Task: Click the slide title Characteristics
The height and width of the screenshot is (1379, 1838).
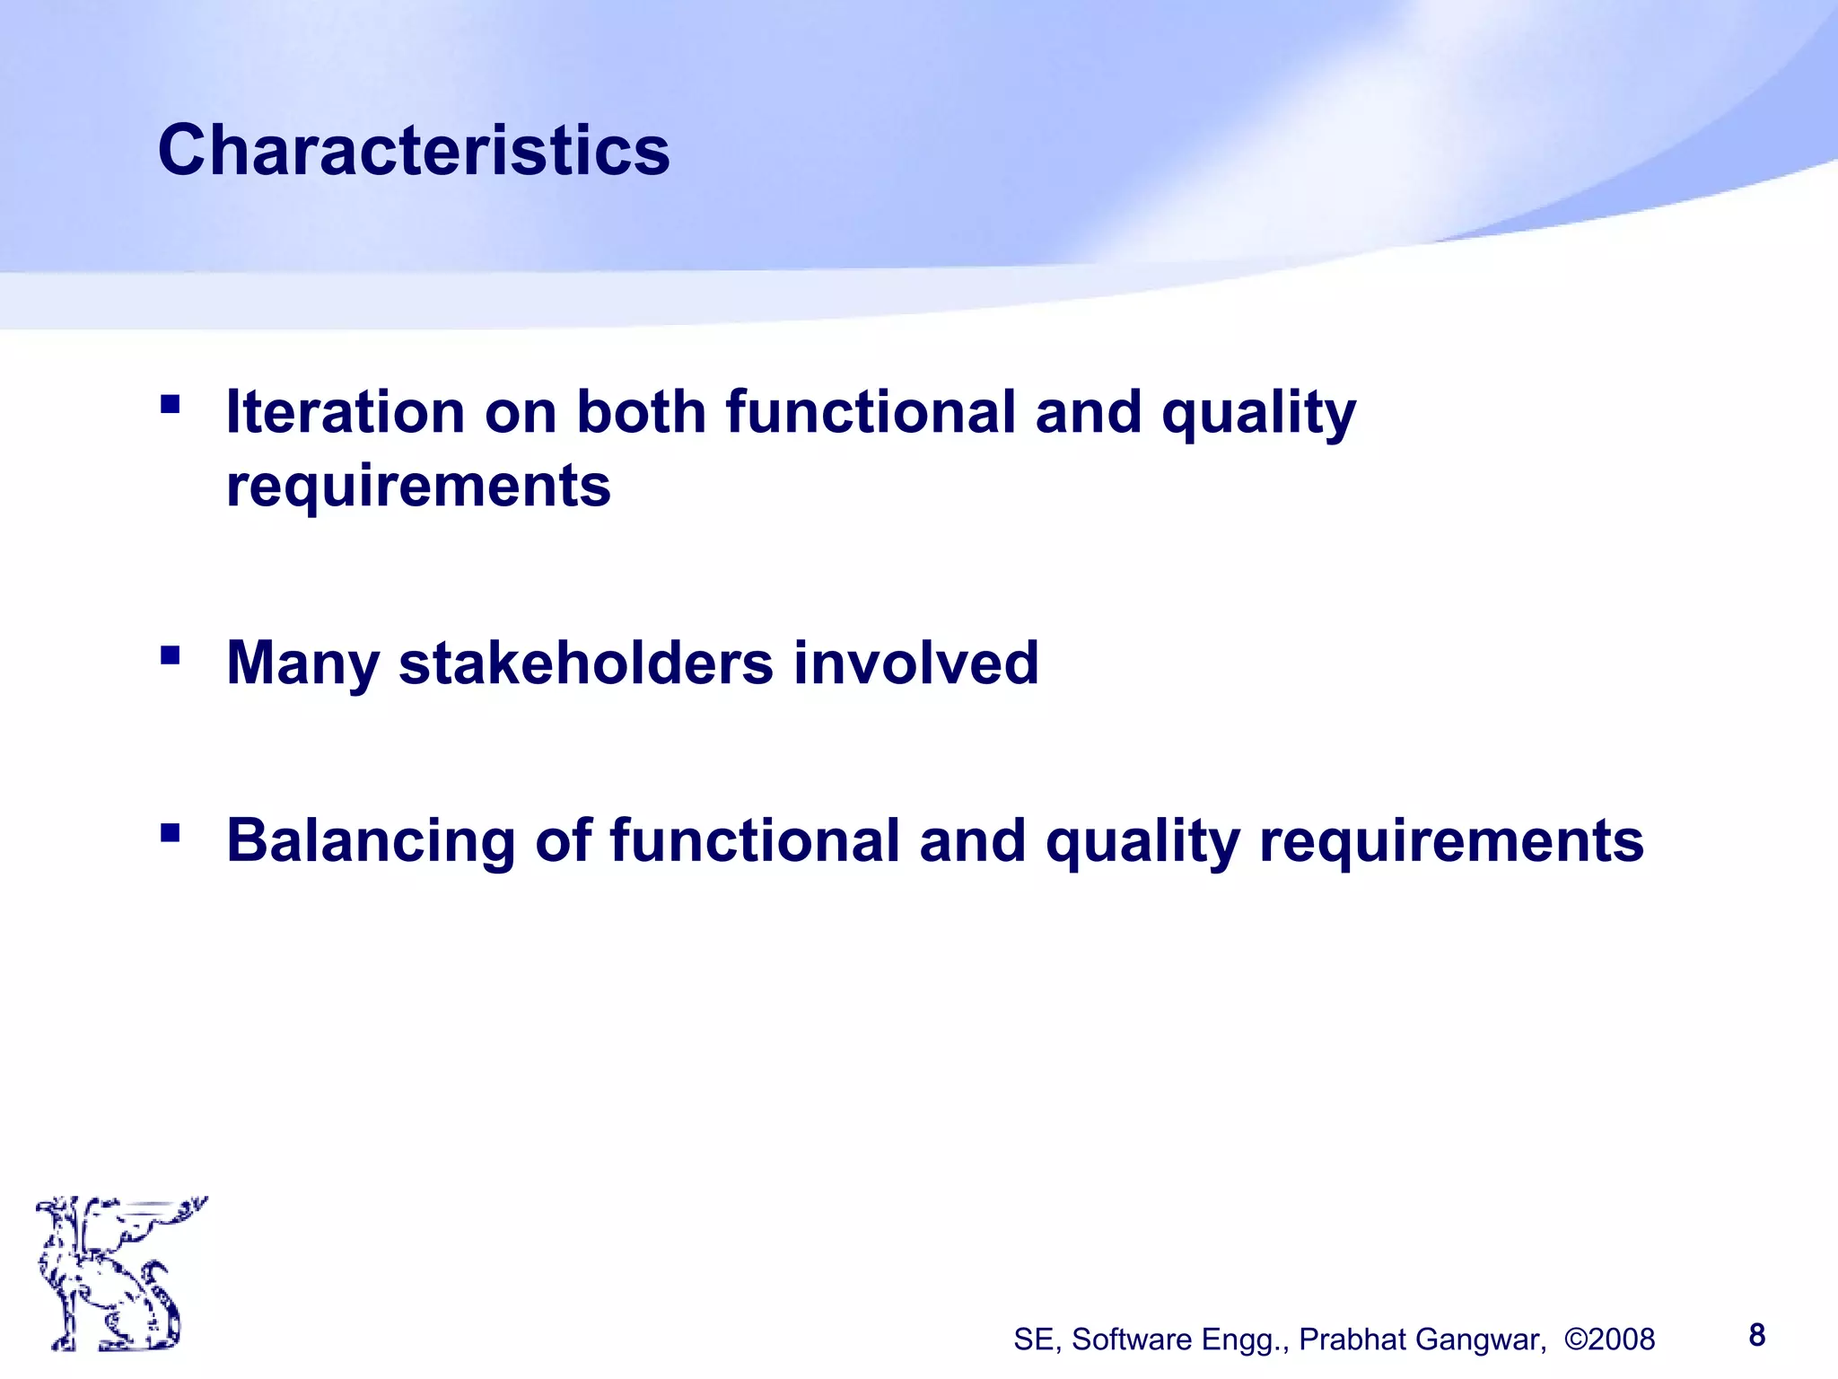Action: click(414, 150)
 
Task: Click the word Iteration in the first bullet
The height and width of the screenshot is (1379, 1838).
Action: click(345, 412)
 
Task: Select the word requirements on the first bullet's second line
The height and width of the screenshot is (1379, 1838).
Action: click(418, 486)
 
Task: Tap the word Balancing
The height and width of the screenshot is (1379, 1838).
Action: click(371, 840)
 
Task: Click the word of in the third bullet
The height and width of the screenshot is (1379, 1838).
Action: click(563, 840)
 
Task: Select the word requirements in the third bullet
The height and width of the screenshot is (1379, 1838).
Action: click(1451, 840)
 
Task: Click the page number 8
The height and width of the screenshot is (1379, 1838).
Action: click(1757, 1335)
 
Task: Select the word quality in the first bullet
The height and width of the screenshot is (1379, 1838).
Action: click(1258, 412)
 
